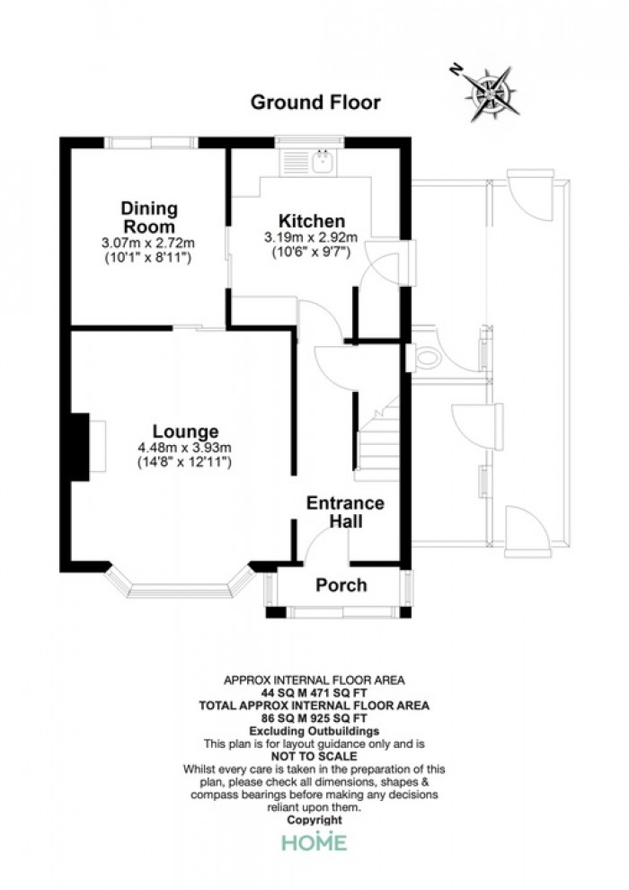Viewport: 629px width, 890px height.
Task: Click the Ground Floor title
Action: click(x=315, y=102)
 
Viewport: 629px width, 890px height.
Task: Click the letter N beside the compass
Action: click(x=456, y=69)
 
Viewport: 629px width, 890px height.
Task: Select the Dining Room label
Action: click(x=149, y=218)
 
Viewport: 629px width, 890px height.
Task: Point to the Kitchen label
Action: click(x=312, y=221)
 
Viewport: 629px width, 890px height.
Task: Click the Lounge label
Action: click(x=185, y=432)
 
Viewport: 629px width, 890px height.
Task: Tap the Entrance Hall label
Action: click(x=345, y=512)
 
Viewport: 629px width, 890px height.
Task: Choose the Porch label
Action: click(x=341, y=584)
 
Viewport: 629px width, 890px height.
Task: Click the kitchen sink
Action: click(x=323, y=161)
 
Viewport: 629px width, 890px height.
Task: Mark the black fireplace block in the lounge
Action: click(x=80, y=447)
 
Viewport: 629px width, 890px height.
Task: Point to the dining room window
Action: click(x=150, y=142)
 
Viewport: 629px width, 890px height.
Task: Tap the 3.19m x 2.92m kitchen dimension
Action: click(x=311, y=237)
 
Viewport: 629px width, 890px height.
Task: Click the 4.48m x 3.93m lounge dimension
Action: click(x=185, y=449)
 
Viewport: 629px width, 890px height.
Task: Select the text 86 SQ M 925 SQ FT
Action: click(x=314, y=718)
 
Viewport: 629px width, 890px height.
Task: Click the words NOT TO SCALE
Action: click(x=314, y=756)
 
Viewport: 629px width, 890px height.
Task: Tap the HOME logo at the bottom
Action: click(x=314, y=842)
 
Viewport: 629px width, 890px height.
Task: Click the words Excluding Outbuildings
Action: click(x=314, y=731)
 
